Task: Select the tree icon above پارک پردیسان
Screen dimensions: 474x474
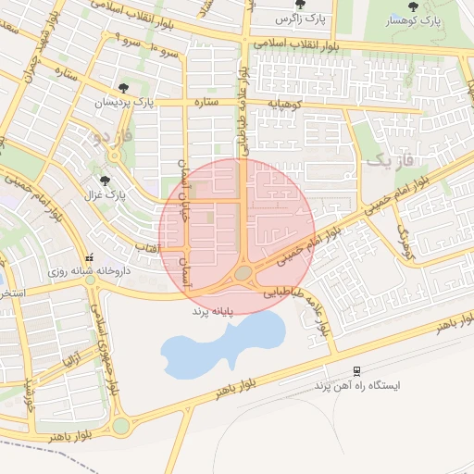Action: pyautogui.click(x=123, y=87)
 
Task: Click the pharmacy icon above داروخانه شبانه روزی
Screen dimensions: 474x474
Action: pyautogui.click(x=89, y=259)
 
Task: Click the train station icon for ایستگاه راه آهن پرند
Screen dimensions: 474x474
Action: pyautogui.click(x=356, y=370)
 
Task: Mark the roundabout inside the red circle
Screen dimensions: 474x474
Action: pyautogui.click(x=243, y=273)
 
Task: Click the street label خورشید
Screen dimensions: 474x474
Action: pyautogui.click(x=29, y=394)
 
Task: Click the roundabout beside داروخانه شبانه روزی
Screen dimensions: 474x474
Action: pyautogui.click(x=92, y=279)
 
